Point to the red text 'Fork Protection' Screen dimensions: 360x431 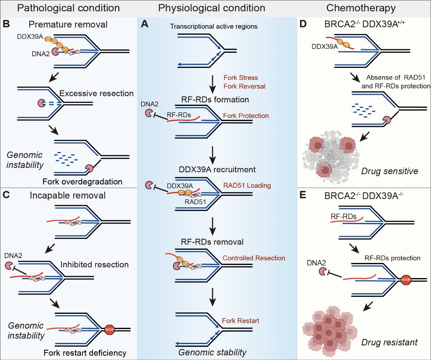(245, 116)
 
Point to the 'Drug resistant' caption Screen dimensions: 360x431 (389, 342)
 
